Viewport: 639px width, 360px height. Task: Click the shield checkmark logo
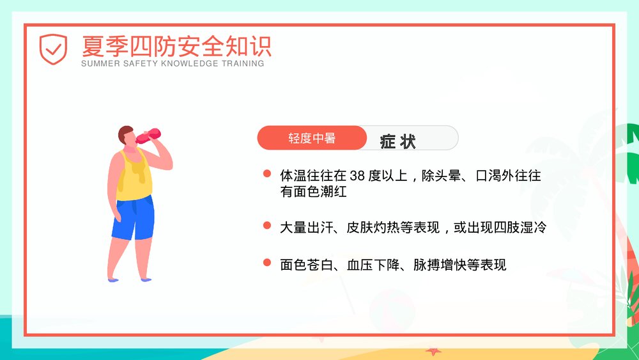(x=53, y=49)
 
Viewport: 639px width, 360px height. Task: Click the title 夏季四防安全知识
(x=176, y=45)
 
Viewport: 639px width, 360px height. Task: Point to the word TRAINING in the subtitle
(x=243, y=64)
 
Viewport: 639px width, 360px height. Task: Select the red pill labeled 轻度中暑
(x=312, y=138)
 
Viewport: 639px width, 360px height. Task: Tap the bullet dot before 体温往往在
(x=266, y=174)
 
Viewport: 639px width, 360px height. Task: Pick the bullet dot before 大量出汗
(x=266, y=226)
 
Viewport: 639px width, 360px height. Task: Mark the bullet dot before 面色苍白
(x=266, y=263)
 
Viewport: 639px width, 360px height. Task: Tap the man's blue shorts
(x=134, y=218)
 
